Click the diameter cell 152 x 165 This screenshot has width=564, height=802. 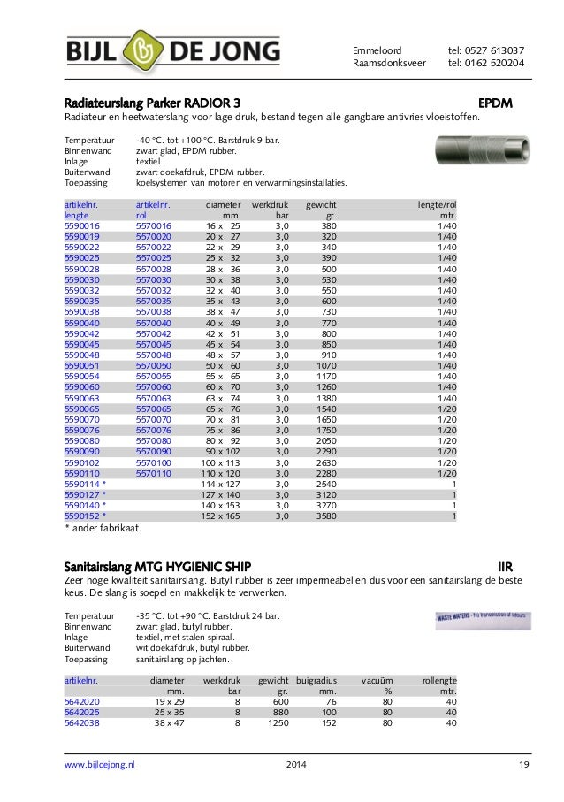pyautogui.click(x=220, y=516)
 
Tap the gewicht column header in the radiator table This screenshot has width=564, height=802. pyautogui.click(x=320, y=204)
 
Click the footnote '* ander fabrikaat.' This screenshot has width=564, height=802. pyautogui.click(x=103, y=529)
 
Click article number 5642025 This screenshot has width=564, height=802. pyautogui.click(x=82, y=711)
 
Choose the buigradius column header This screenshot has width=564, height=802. pyautogui.click(x=316, y=680)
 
